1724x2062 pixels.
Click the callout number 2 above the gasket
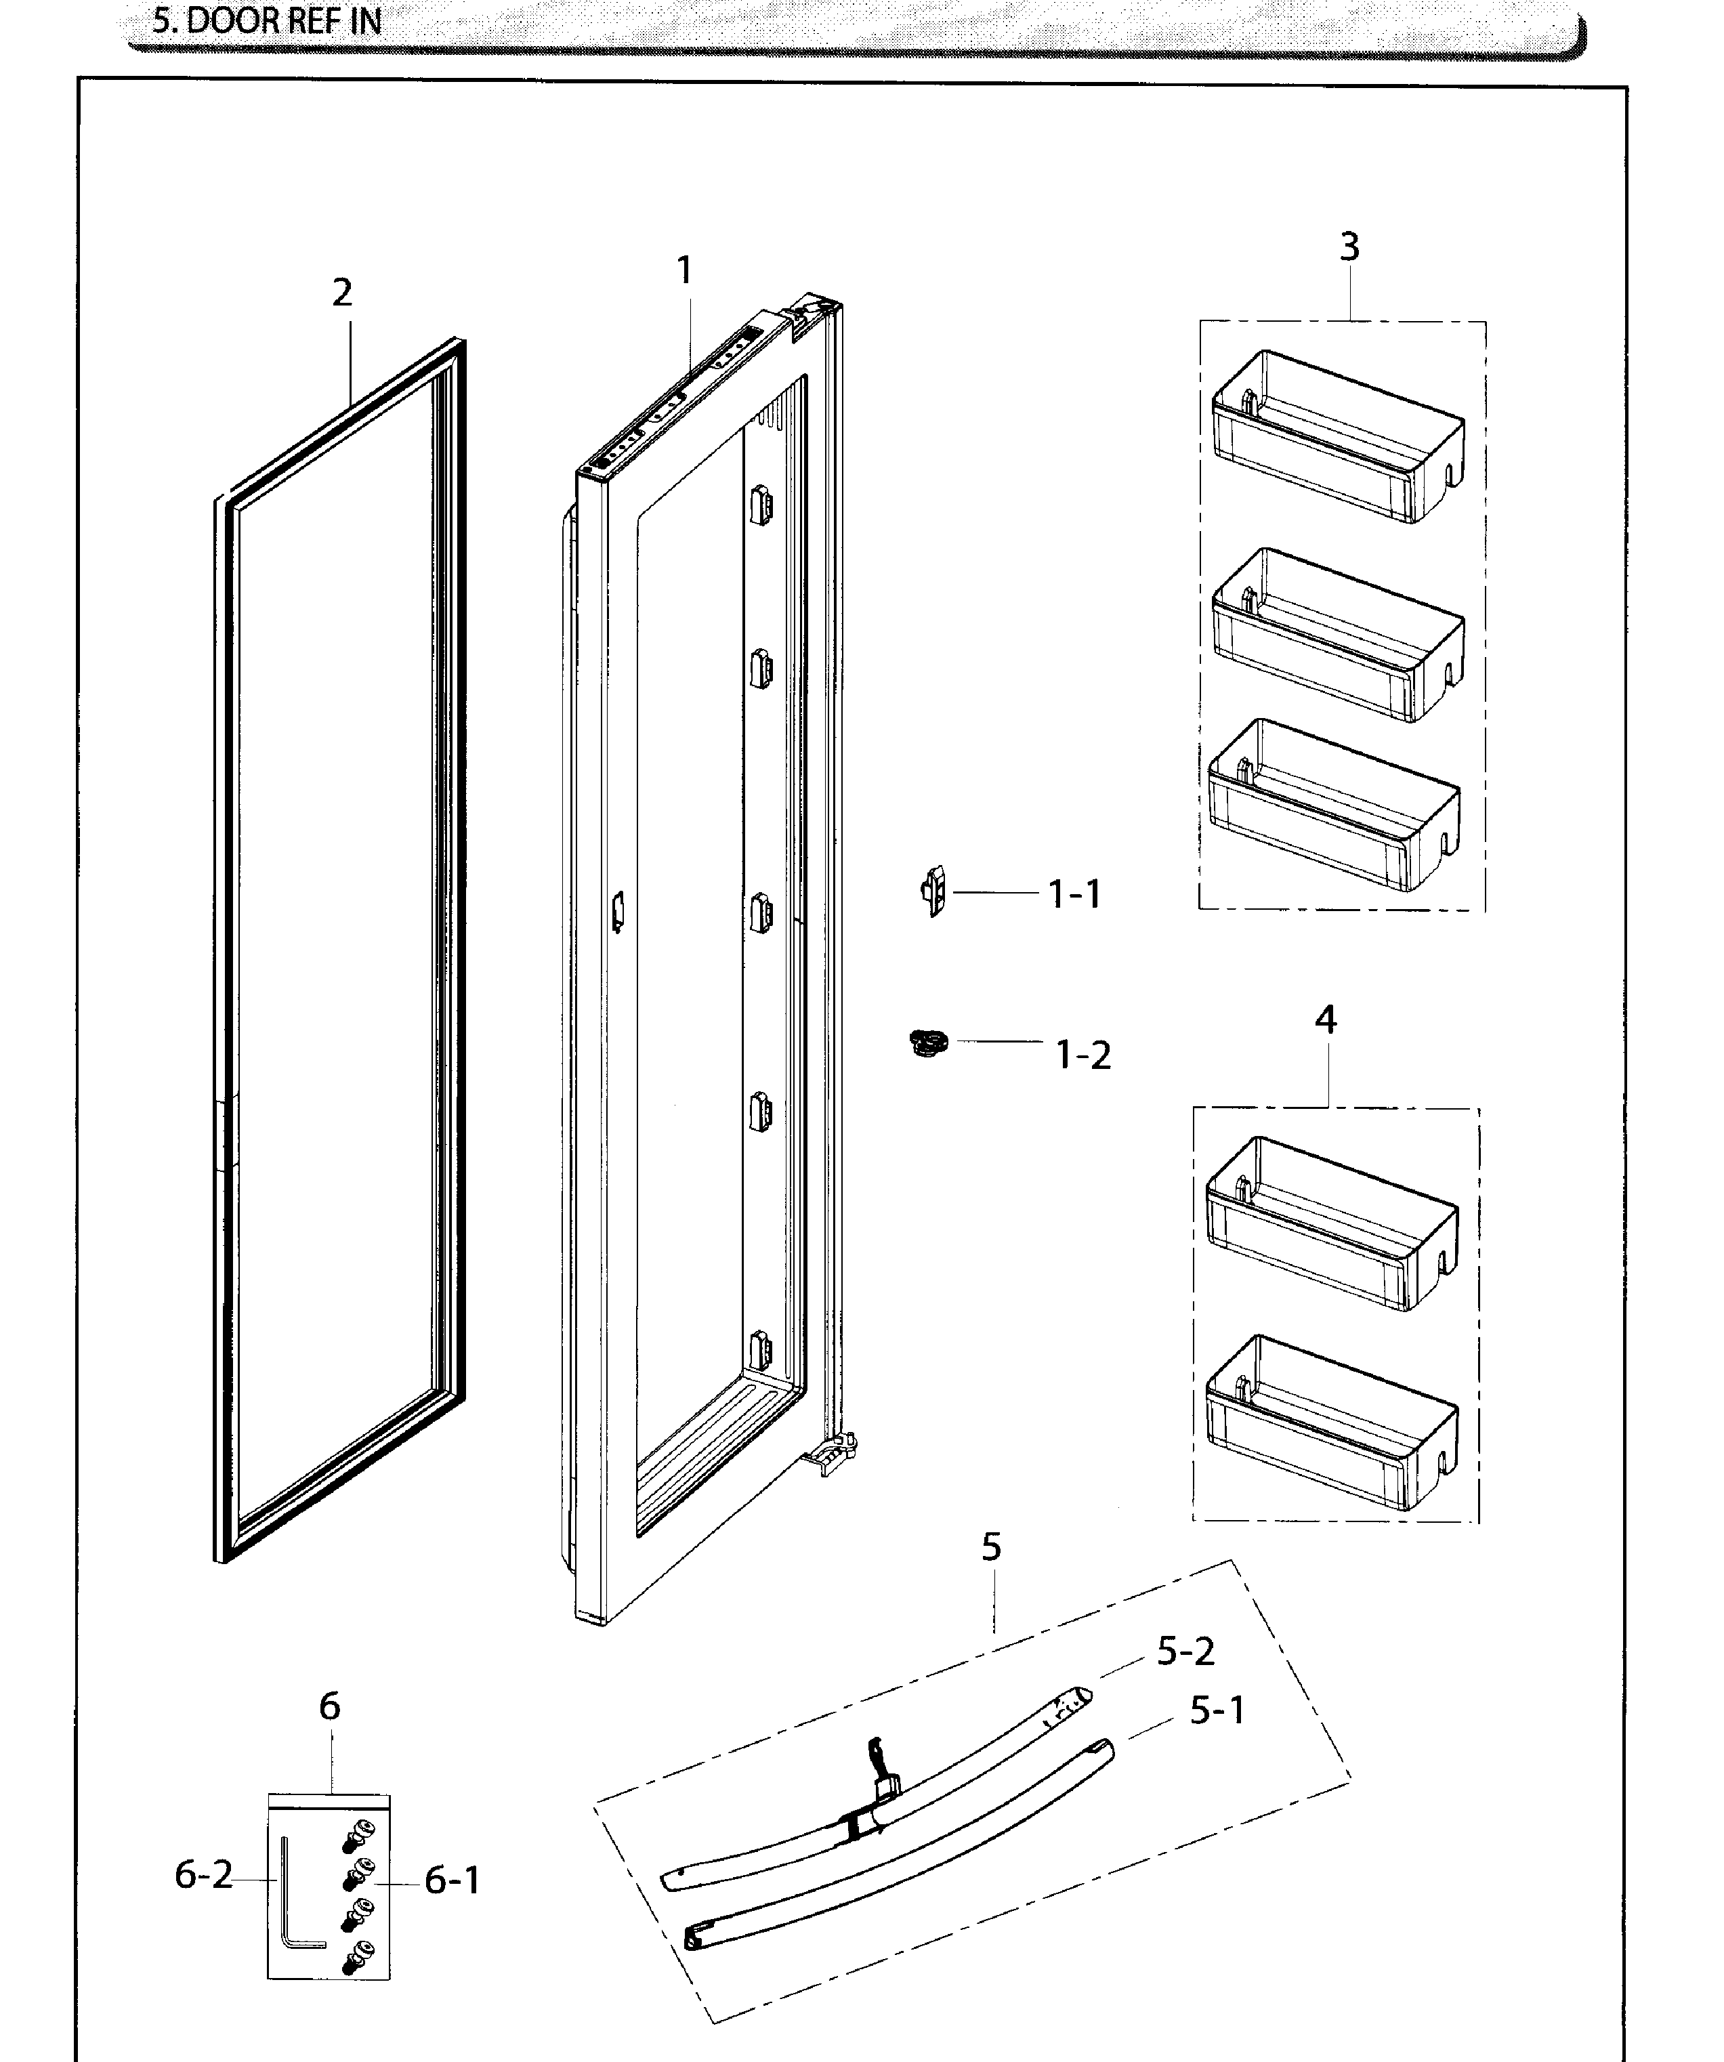click(x=341, y=293)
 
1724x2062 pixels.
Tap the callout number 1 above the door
click(x=684, y=270)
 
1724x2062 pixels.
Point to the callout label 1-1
click(x=1075, y=895)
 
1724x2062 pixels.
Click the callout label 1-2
click(x=1083, y=1055)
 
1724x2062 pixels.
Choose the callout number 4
click(x=1326, y=1020)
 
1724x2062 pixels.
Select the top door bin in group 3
click(x=1338, y=436)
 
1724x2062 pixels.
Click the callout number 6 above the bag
click(x=330, y=1706)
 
